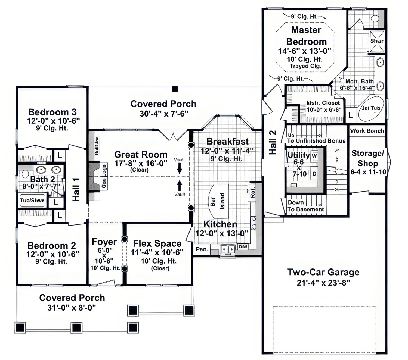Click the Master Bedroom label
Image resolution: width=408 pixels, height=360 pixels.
306,36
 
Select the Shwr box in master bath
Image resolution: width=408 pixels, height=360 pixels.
377,41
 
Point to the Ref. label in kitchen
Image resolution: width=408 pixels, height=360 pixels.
253,192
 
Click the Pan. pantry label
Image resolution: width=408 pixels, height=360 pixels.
202,249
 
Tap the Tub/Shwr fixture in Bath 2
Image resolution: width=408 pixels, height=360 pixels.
32,201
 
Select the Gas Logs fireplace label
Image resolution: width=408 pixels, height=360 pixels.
104,176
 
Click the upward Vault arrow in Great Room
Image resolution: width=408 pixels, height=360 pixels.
180,186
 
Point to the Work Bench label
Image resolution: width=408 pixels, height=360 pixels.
367,131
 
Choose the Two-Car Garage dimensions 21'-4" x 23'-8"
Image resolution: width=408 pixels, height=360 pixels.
323,283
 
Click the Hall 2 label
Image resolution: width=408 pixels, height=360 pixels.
273,142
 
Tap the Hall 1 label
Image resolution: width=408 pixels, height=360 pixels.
76,189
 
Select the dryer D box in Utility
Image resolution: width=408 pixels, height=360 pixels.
314,174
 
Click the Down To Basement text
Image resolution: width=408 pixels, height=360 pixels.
305,206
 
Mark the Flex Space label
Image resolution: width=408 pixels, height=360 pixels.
157,243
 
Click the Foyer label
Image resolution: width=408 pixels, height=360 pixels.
104,242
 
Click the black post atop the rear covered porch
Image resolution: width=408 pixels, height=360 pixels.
175,89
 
